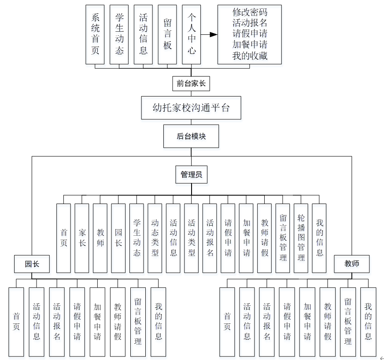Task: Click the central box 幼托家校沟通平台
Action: [x=191, y=108]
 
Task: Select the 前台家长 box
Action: [x=191, y=83]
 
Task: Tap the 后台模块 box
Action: [x=191, y=136]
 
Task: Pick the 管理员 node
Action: [x=191, y=174]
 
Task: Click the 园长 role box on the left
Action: [x=32, y=264]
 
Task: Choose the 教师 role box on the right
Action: [x=352, y=264]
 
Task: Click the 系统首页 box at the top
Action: [x=96, y=34]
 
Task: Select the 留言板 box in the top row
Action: [x=167, y=34]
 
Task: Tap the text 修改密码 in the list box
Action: [x=250, y=12]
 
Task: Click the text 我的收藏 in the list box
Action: [x=250, y=56]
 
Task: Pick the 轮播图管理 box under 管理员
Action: [x=301, y=238]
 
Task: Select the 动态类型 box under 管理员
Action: [x=155, y=238]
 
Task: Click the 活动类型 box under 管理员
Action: [x=191, y=238]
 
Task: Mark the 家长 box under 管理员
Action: [x=82, y=238]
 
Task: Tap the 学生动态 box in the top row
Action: [x=119, y=34]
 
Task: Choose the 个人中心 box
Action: [x=192, y=34]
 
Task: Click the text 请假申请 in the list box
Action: [x=250, y=34]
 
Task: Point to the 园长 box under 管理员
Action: [x=118, y=238]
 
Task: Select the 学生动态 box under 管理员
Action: [x=137, y=238]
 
